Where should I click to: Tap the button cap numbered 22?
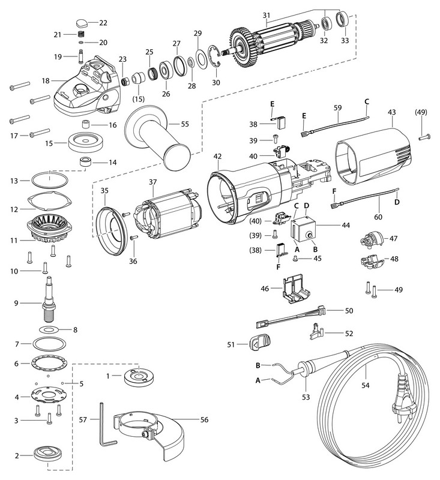click(x=84, y=24)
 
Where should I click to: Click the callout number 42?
click(x=217, y=157)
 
